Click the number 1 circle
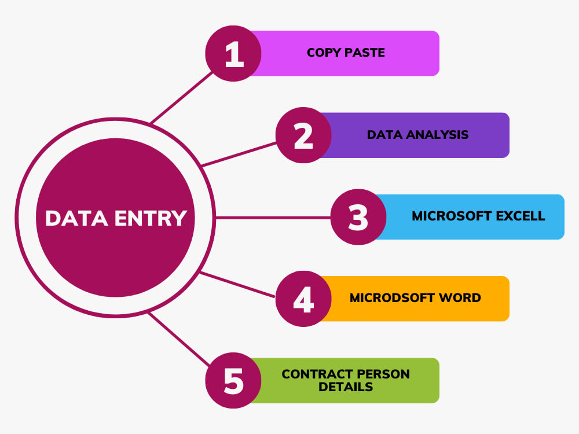[x=233, y=53]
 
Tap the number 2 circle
[x=303, y=135]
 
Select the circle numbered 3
[x=358, y=217]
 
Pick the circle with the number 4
[x=303, y=299]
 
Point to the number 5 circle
[x=233, y=381]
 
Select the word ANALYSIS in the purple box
[x=437, y=135]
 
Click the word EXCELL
[x=521, y=216]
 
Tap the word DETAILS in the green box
[x=346, y=387]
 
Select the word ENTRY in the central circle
[x=151, y=218]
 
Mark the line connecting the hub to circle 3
[x=273, y=218]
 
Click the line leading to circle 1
[x=182, y=97]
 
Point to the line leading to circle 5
[x=179, y=339]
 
